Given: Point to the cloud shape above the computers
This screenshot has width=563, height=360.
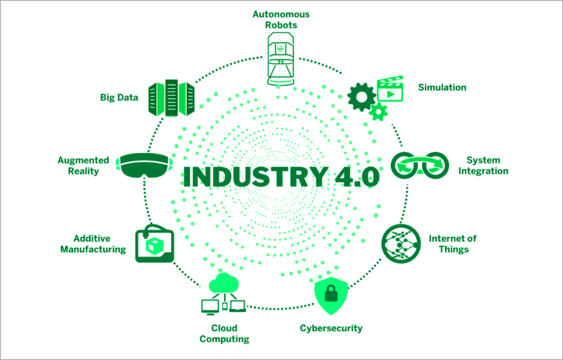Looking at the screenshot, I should click(x=223, y=284).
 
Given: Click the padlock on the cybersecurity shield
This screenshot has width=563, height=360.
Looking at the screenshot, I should click(x=331, y=295).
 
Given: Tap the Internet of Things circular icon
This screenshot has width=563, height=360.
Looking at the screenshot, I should click(x=400, y=243).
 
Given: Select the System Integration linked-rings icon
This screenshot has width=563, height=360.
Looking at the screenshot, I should click(x=420, y=164).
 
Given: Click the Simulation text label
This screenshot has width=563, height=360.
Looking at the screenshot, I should click(x=442, y=87).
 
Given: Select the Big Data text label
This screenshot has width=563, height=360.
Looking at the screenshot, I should click(x=119, y=97).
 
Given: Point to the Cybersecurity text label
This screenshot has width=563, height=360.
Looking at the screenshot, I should click(x=331, y=329).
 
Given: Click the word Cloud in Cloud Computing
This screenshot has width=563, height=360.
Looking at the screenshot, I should click(x=224, y=329).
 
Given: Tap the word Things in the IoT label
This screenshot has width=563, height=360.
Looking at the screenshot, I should click(x=454, y=250).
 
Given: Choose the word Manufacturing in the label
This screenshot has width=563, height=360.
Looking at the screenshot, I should click(x=93, y=250).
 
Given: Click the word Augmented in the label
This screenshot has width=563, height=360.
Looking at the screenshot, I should click(x=84, y=160).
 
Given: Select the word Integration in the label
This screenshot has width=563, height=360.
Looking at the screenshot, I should click(x=483, y=171).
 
